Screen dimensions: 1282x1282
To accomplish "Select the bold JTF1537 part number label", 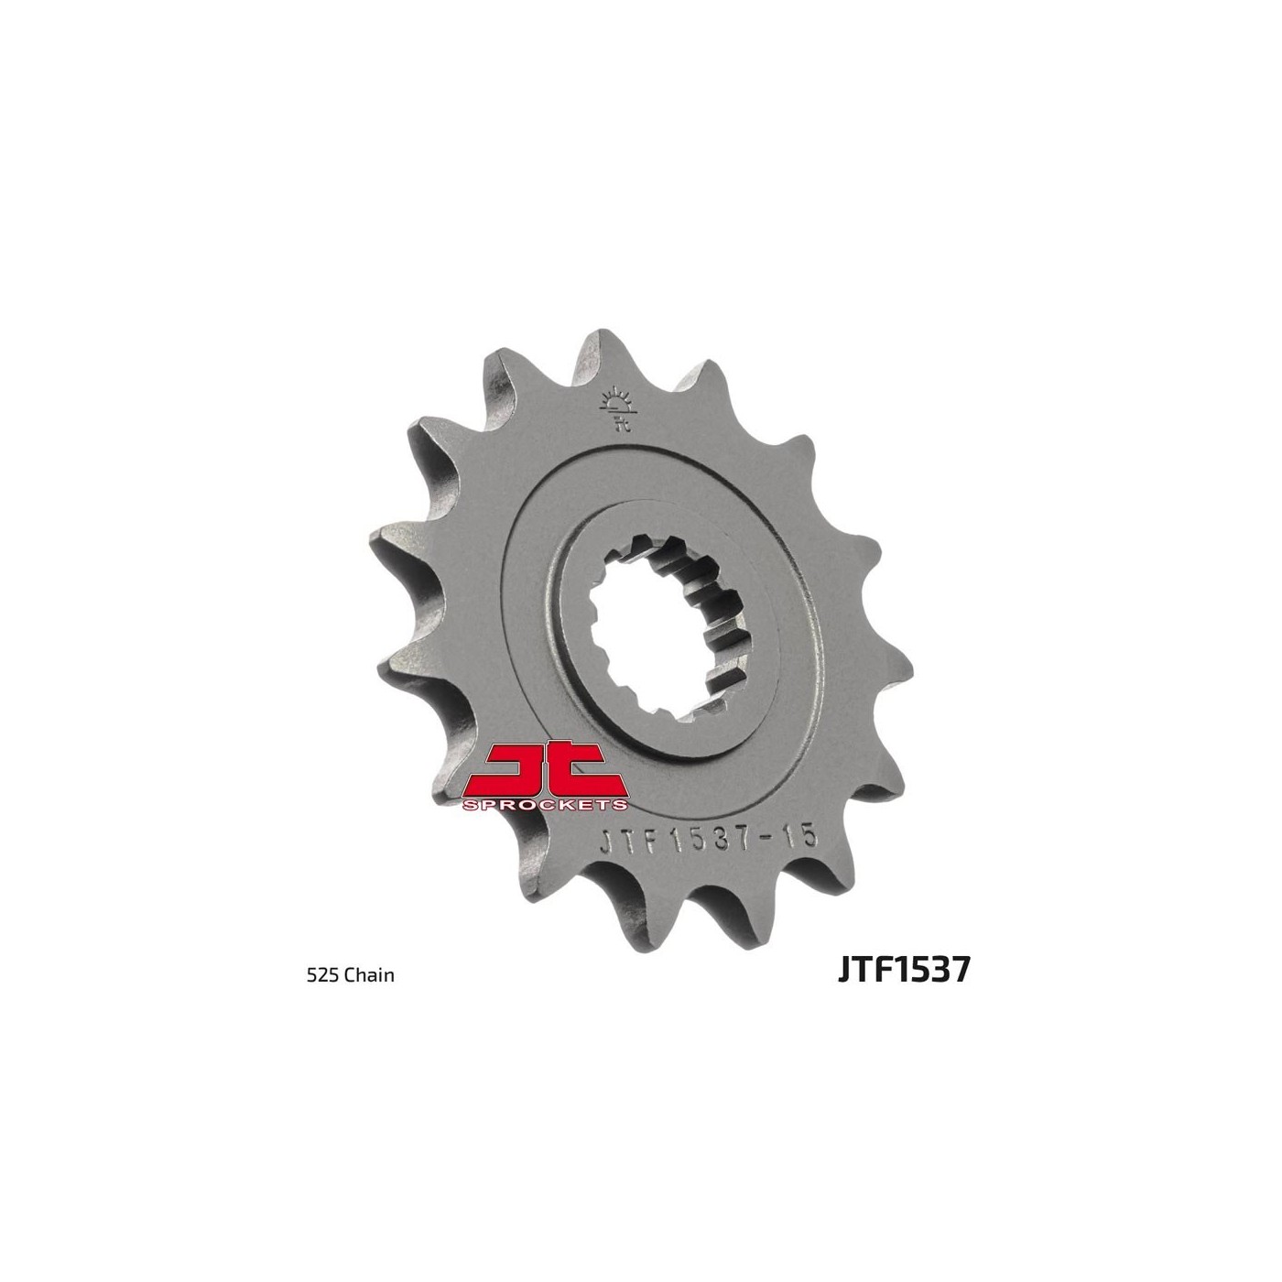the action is [904, 970].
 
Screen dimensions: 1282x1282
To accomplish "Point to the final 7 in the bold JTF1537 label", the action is [960, 970].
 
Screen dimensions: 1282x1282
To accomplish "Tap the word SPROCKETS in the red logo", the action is [545, 806].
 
